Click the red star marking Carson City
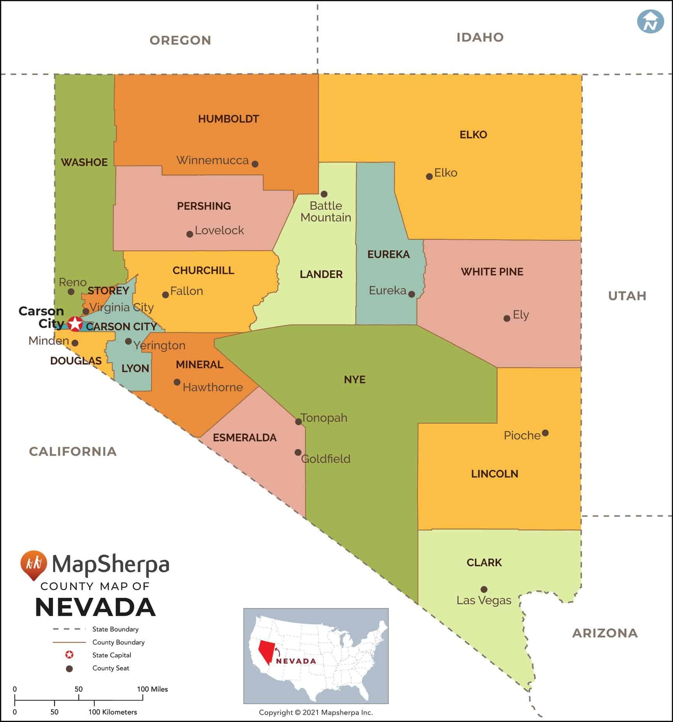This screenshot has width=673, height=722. (75, 324)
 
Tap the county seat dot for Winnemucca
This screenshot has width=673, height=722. (255, 164)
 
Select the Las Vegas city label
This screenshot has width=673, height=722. (484, 600)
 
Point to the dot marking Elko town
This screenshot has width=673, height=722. (429, 176)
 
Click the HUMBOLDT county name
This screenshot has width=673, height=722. (229, 119)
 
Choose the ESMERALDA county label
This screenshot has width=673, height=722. (245, 437)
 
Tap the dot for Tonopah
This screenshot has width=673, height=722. (298, 421)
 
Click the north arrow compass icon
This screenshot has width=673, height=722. (650, 21)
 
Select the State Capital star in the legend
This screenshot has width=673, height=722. (70, 655)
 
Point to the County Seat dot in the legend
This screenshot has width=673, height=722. (70, 668)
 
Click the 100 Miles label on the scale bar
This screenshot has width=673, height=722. (152, 689)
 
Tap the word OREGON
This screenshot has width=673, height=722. (180, 40)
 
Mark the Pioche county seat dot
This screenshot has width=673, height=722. (545, 433)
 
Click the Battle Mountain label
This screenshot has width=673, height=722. (326, 211)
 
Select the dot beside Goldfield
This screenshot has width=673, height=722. (298, 452)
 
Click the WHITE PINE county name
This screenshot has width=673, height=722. (492, 271)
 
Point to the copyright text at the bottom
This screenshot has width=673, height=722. (316, 712)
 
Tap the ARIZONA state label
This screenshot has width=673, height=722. (604, 633)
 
